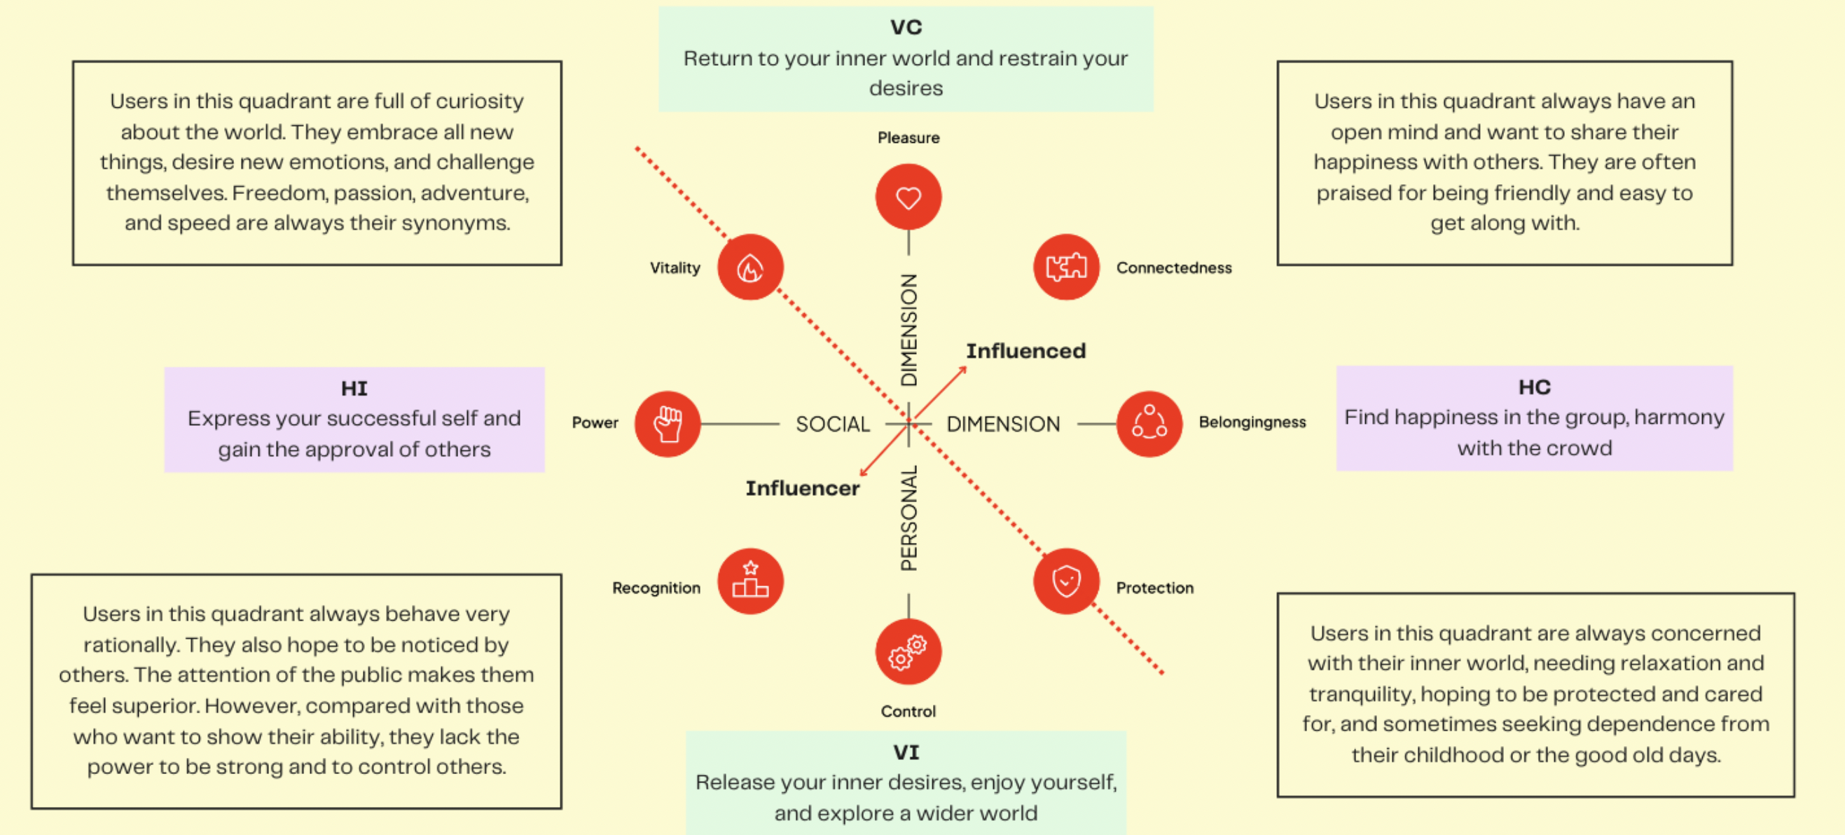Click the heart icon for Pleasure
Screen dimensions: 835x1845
point(908,197)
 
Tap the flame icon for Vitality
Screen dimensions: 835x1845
point(750,267)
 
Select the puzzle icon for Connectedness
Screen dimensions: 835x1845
point(1066,267)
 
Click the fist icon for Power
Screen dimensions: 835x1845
point(668,424)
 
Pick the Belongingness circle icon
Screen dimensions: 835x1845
point(1149,424)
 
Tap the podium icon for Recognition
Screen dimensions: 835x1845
point(750,581)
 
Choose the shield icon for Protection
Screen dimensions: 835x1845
point(1066,581)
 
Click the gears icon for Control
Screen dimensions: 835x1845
point(908,651)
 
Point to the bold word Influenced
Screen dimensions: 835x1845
point(1025,351)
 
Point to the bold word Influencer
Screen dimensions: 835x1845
point(802,488)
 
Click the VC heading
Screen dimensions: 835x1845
point(906,27)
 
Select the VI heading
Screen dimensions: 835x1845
point(906,752)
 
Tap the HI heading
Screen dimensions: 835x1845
point(354,388)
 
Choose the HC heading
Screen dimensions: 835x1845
point(1534,387)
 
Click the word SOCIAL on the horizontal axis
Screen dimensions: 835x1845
point(833,425)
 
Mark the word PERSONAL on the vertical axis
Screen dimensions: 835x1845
point(909,518)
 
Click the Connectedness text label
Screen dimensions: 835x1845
point(1174,268)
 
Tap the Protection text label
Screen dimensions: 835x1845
point(1154,588)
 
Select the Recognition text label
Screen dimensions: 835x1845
point(656,588)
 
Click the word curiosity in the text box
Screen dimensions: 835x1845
point(479,102)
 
